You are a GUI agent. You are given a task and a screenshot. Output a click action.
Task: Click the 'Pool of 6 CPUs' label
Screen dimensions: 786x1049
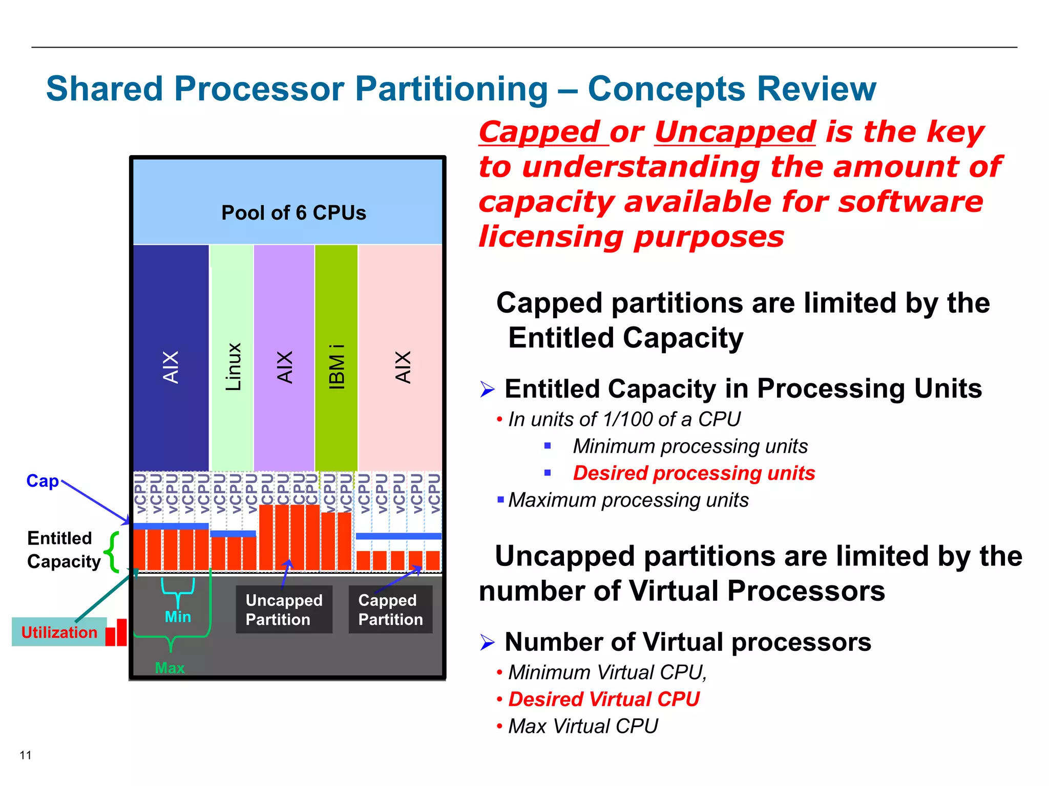click(x=293, y=213)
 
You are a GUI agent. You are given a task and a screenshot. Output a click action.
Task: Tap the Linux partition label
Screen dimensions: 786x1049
click(x=233, y=366)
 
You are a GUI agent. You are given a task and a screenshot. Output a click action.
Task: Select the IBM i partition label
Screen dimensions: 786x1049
click(x=337, y=366)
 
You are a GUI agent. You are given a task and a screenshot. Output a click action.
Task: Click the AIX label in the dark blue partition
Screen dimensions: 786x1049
click(x=171, y=366)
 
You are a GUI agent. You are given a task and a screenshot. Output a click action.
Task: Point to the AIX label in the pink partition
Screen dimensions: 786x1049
click(x=403, y=366)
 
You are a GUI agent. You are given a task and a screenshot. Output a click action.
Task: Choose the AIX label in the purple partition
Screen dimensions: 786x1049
click(x=284, y=366)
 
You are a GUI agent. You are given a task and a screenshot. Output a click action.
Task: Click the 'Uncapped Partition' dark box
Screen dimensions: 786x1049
click(x=284, y=609)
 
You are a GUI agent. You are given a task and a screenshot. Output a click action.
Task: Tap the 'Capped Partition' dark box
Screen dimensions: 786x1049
click(x=390, y=609)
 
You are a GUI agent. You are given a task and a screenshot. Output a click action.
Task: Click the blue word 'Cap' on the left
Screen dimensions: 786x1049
click(x=43, y=481)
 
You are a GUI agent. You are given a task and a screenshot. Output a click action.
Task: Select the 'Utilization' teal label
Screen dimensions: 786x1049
click(x=59, y=632)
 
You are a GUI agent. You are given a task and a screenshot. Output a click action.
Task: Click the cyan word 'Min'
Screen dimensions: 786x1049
click(x=178, y=617)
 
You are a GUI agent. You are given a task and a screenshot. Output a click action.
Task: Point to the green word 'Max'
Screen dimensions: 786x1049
click(x=170, y=668)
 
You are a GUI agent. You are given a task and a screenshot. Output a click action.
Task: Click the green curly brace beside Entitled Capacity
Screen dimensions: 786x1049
click(x=112, y=551)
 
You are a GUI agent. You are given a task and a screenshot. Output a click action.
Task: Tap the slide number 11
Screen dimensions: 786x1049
click(x=26, y=755)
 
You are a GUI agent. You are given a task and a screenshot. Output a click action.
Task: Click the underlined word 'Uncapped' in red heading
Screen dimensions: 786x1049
click(x=735, y=132)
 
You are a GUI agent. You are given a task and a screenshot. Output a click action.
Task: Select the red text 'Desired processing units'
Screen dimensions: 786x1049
click(x=694, y=473)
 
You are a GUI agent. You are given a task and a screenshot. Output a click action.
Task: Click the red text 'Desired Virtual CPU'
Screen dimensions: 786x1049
click(x=603, y=699)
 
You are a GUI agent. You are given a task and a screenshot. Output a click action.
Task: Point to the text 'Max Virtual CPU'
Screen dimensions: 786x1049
click(x=583, y=726)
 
